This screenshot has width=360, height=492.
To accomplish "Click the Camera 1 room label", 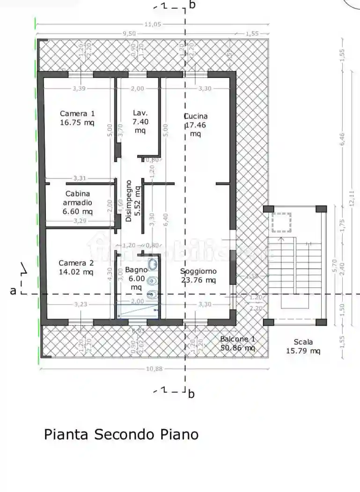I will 77,113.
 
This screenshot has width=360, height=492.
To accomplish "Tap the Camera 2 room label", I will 77,263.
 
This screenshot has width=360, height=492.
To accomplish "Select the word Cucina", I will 196,116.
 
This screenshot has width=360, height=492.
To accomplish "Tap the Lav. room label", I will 140,113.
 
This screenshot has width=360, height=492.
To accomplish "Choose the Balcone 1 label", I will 238,339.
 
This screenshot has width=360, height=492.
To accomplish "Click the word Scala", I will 303,342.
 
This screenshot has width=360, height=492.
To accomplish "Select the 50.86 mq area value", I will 238,348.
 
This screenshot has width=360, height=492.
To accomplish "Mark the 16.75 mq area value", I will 77,123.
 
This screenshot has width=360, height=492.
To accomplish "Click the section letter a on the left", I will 13,291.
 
